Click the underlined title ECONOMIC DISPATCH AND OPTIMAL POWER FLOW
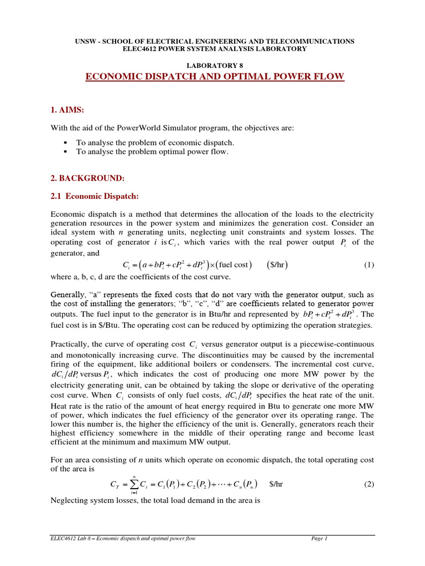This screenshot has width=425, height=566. tap(214, 76)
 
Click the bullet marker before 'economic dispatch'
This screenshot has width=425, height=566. tap(65, 143)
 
